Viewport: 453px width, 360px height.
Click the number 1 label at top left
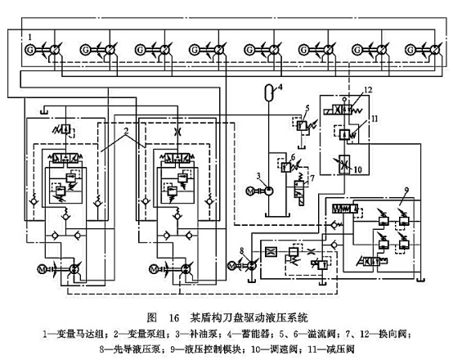[x=30, y=37]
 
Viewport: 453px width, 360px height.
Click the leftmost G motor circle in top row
[x=31, y=52]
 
